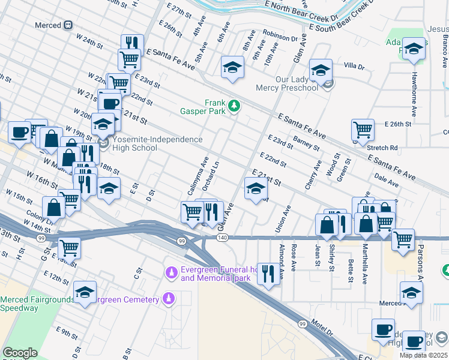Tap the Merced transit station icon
[68, 25]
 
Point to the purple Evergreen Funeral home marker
[172, 273]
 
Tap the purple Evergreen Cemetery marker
[169, 298]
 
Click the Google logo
[20, 353]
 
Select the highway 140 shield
[223, 238]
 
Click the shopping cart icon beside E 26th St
[363, 129]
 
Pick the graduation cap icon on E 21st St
[255, 188]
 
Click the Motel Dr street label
[322, 328]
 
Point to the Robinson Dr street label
[280, 38]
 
